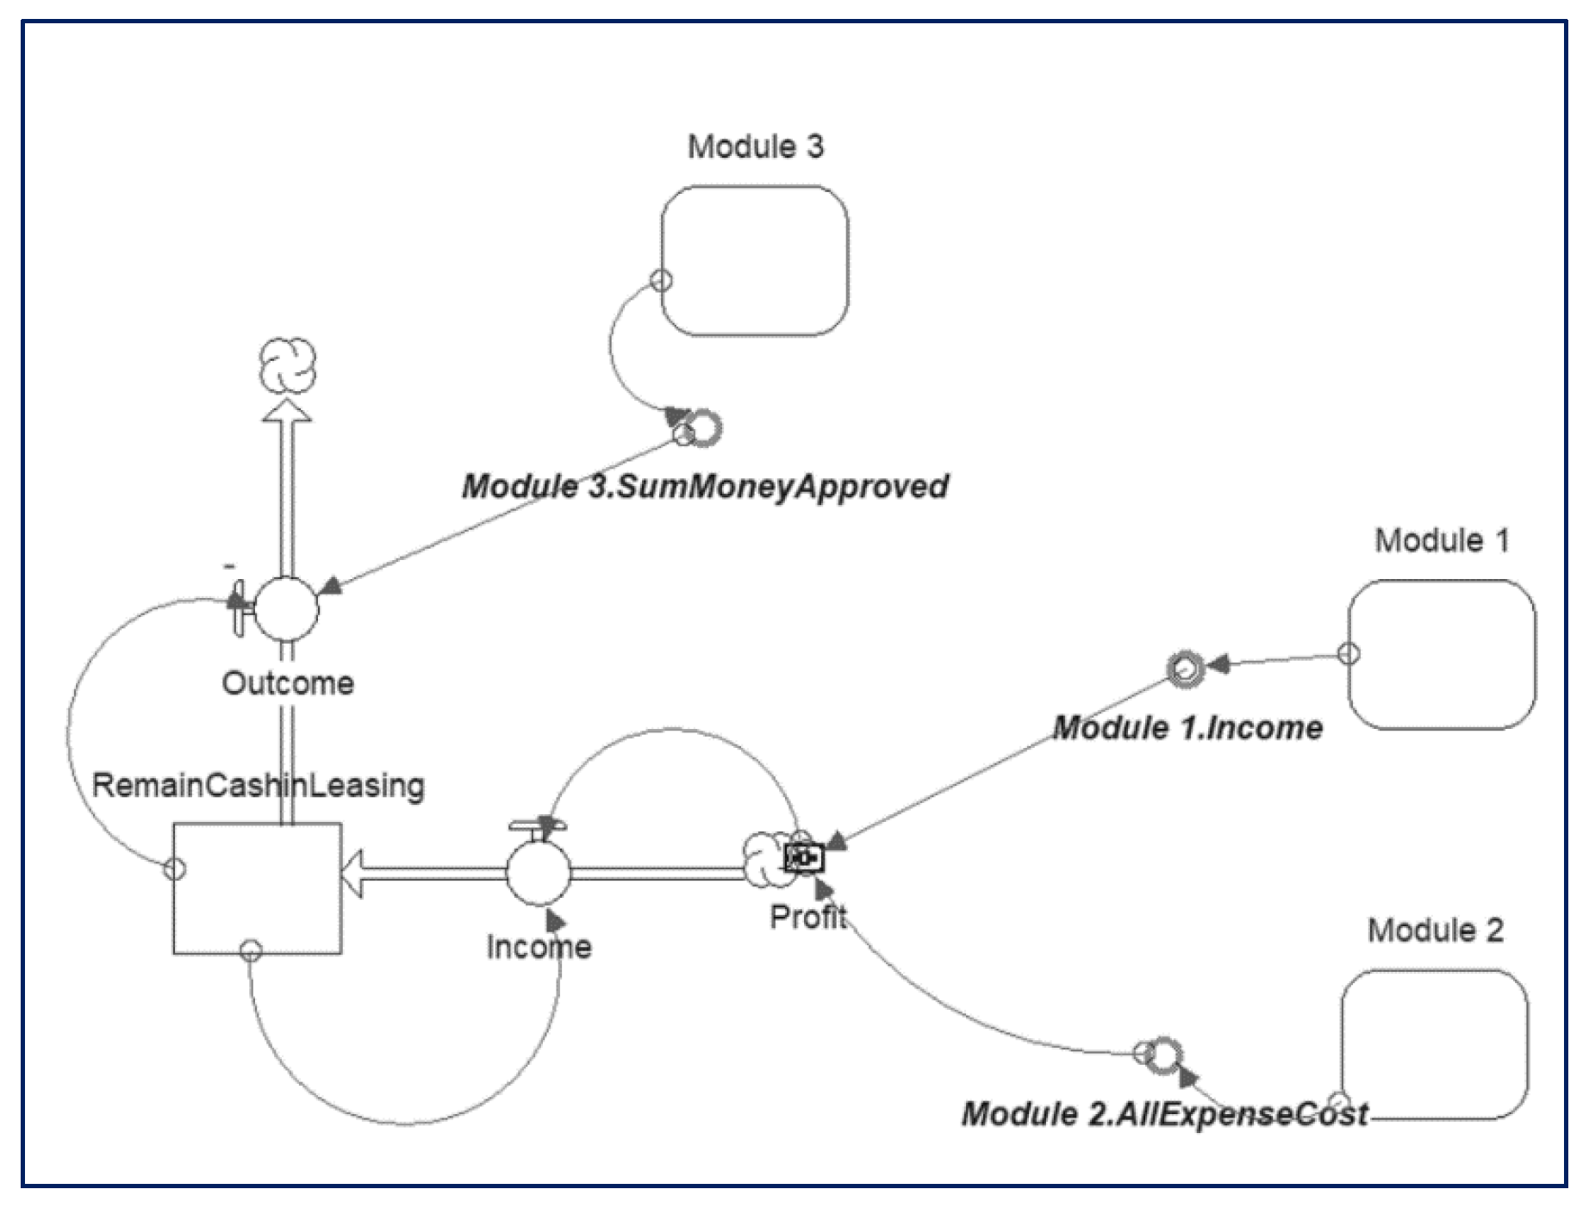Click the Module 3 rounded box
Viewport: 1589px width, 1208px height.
(x=755, y=261)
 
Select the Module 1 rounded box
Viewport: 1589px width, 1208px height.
(x=1442, y=655)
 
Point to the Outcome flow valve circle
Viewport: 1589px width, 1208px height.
(x=288, y=608)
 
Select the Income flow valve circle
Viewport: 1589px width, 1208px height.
(x=538, y=873)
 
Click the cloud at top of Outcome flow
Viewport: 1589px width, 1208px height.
(x=288, y=365)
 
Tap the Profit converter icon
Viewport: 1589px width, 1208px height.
(x=805, y=859)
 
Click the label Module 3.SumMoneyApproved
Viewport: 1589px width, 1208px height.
(x=705, y=487)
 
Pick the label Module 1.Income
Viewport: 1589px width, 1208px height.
(x=1187, y=728)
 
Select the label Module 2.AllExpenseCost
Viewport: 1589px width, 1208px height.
(x=1164, y=1114)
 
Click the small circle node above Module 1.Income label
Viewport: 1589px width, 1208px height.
(x=1184, y=668)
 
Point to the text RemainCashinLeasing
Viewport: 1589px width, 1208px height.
(x=258, y=786)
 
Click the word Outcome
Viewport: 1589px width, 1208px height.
(x=288, y=683)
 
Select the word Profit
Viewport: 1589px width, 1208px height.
(x=807, y=918)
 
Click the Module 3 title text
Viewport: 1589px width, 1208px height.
(x=755, y=146)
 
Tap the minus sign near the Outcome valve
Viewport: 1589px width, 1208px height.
(x=229, y=566)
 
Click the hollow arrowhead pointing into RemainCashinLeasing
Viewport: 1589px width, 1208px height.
(x=352, y=873)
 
